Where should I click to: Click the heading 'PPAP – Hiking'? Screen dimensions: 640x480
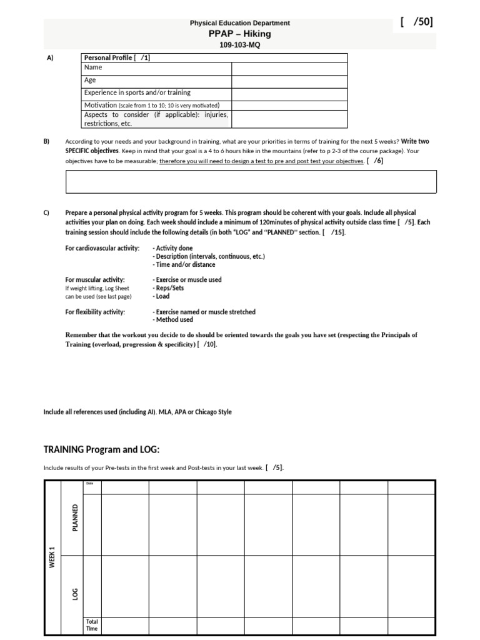point(240,34)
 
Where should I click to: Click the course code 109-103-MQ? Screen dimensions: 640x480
point(240,46)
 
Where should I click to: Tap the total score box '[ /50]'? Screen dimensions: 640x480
point(416,22)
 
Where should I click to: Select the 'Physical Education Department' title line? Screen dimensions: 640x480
point(240,23)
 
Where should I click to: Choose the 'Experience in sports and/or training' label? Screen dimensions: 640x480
point(137,92)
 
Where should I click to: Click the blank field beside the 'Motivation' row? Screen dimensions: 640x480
point(289,105)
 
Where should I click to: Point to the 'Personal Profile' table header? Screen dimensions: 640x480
point(117,57)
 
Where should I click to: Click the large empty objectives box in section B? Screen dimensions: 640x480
point(251,181)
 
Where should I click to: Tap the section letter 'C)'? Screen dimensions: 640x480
point(46,213)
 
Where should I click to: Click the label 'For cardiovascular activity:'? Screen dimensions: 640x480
point(102,248)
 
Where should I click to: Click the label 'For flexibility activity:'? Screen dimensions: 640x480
point(95,312)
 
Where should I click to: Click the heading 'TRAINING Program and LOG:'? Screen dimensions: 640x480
point(101,449)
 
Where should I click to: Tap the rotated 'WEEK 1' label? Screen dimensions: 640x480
point(52,557)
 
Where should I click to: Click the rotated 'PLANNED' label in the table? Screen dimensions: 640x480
point(76,517)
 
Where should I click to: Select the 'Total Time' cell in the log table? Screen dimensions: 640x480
point(92,625)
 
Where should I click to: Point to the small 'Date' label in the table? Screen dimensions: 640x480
point(89,483)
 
